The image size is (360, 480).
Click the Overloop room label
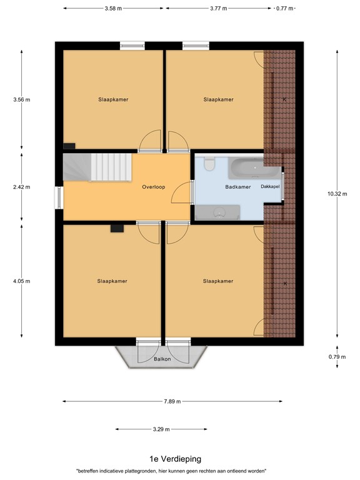click(x=153, y=186)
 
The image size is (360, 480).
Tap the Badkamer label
click(x=237, y=186)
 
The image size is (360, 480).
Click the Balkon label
click(x=162, y=359)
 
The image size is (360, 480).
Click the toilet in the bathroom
click(x=209, y=164)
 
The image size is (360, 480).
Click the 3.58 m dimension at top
click(x=112, y=9)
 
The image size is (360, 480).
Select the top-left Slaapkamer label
click(x=113, y=99)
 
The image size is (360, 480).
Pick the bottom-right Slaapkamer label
click(x=218, y=281)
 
